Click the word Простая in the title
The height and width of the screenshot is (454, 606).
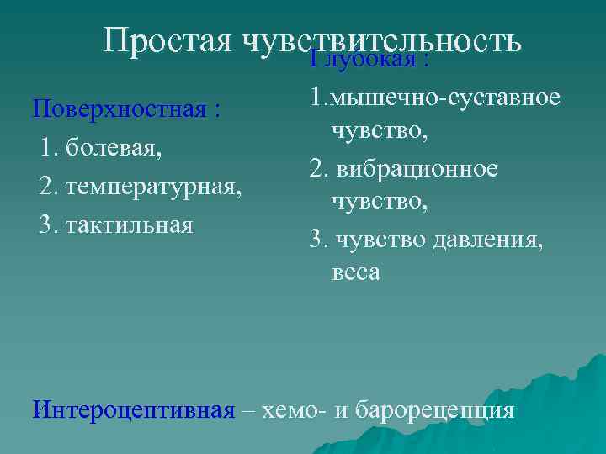coord(168,40)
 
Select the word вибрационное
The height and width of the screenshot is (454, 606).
coord(417,168)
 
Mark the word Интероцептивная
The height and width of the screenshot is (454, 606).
coord(133,411)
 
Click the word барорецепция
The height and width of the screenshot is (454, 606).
coord(435,411)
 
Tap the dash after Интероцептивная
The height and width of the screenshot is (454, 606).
coord(247,411)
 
